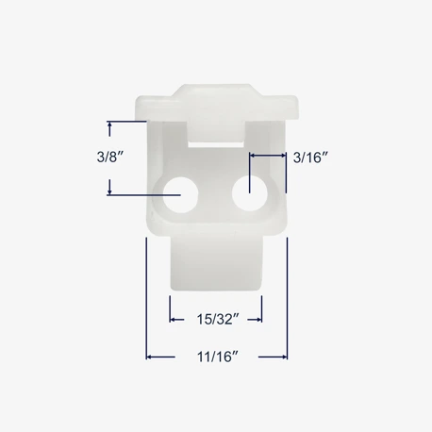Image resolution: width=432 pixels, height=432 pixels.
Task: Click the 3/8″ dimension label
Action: [x=109, y=157]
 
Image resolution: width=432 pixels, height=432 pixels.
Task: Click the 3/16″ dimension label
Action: [x=310, y=158]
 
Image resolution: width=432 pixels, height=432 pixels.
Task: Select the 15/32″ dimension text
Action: [x=218, y=320]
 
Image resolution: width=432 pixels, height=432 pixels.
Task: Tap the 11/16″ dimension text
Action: [x=218, y=357]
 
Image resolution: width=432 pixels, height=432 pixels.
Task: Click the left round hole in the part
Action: [x=180, y=194]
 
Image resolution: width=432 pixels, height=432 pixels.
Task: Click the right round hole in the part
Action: [x=250, y=193]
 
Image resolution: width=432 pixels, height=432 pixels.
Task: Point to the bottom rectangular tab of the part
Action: [x=216, y=262]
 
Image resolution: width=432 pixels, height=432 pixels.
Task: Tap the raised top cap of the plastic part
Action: [x=217, y=102]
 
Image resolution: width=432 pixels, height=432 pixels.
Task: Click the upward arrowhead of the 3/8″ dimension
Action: [x=109, y=125]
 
